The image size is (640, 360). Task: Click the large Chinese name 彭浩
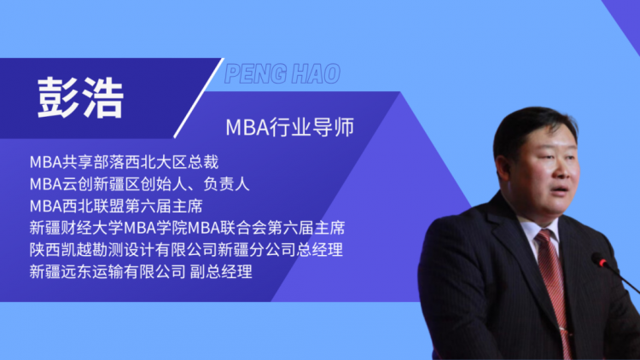[80, 97]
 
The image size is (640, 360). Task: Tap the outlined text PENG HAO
[282, 74]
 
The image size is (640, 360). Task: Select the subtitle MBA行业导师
[290, 127]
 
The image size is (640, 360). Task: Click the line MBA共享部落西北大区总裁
[124, 162]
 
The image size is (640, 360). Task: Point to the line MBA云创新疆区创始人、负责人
[140, 184]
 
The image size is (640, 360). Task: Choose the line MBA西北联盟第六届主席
[116, 206]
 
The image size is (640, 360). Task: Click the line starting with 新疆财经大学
[188, 228]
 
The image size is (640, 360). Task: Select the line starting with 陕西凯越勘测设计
[186, 250]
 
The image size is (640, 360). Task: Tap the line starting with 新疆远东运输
[141, 272]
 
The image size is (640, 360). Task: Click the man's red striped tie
[553, 286]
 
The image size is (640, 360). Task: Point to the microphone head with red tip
[600, 259]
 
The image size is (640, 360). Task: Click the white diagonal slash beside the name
[199, 98]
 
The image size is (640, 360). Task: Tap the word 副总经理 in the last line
[221, 272]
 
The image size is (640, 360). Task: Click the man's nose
[563, 171]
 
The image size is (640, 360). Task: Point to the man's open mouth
[560, 190]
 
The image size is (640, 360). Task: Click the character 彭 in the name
[57, 97]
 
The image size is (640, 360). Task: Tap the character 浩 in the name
[103, 98]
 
